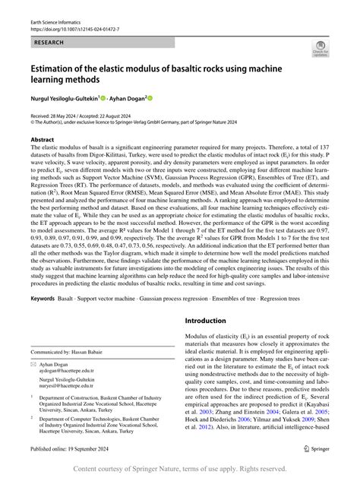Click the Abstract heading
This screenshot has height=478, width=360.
click(x=42, y=141)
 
